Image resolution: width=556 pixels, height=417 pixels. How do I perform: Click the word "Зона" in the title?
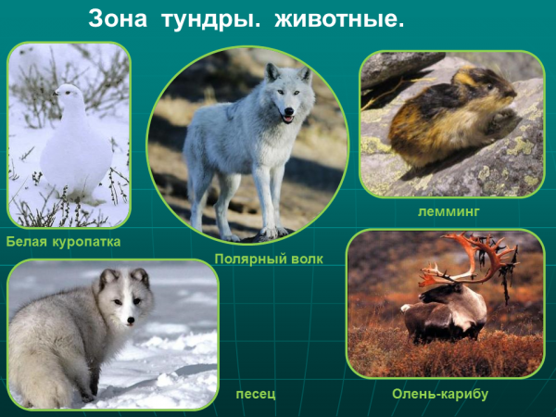pos(118,19)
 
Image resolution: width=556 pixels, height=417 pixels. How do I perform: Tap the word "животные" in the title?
pos(339,19)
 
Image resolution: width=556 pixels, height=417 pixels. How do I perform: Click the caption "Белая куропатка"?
pos(63,242)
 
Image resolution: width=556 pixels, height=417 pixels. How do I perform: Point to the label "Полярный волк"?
pos(269,259)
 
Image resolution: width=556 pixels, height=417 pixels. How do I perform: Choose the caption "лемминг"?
pos(449,211)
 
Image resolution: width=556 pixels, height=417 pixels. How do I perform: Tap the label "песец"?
pos(256,394)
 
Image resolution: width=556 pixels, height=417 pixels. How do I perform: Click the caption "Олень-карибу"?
pos(440,394)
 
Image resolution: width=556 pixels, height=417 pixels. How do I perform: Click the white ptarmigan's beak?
pos(56,94)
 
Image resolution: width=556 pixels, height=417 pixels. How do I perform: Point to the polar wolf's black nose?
pos(290,111)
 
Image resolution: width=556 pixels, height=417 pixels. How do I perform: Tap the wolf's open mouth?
pos(287,119)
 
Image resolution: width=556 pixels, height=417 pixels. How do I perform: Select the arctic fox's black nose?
pos(131,321)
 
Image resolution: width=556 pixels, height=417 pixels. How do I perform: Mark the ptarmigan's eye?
pos(67,92)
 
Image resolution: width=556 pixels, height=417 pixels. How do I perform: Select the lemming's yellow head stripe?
pos(465,77)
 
